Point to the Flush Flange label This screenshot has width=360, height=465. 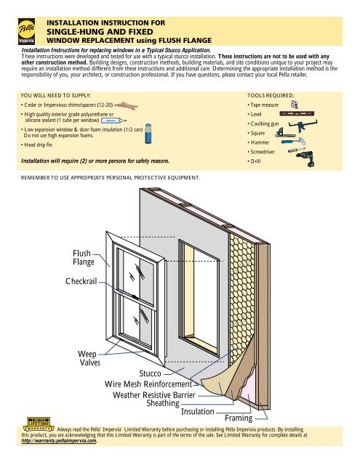click(83, 256)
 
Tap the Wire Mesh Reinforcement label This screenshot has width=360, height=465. click(148, 384)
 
